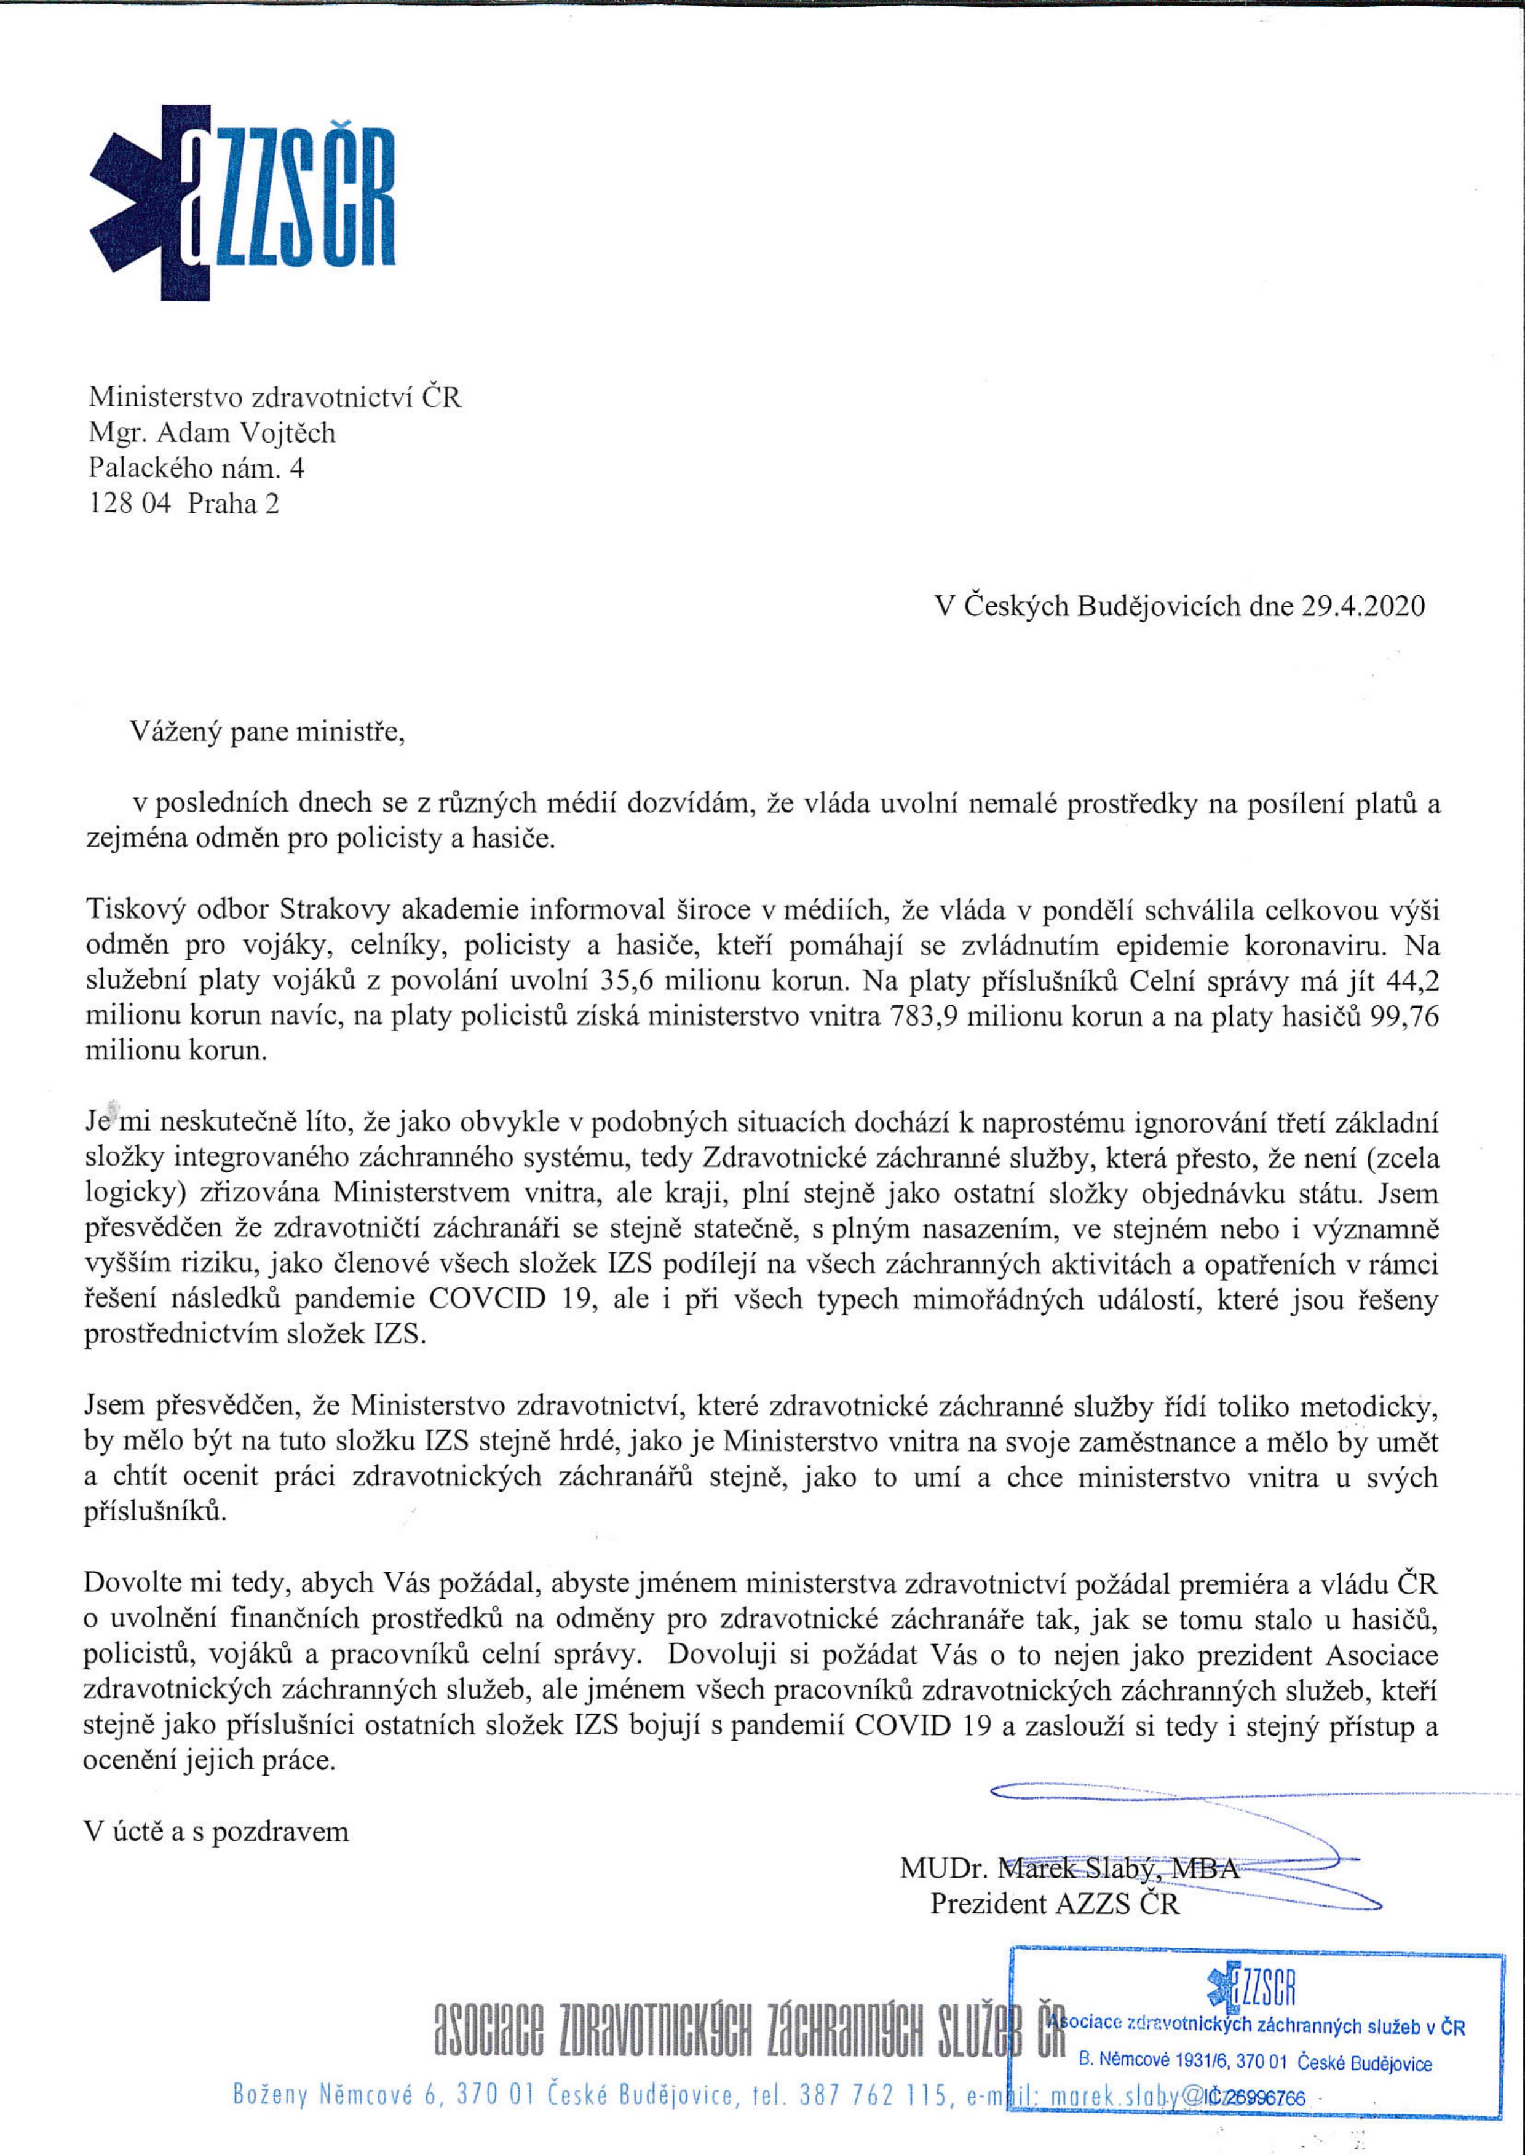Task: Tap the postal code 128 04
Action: click(x=130, y=504)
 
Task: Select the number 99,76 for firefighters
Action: click(x=1404, y=1016)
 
